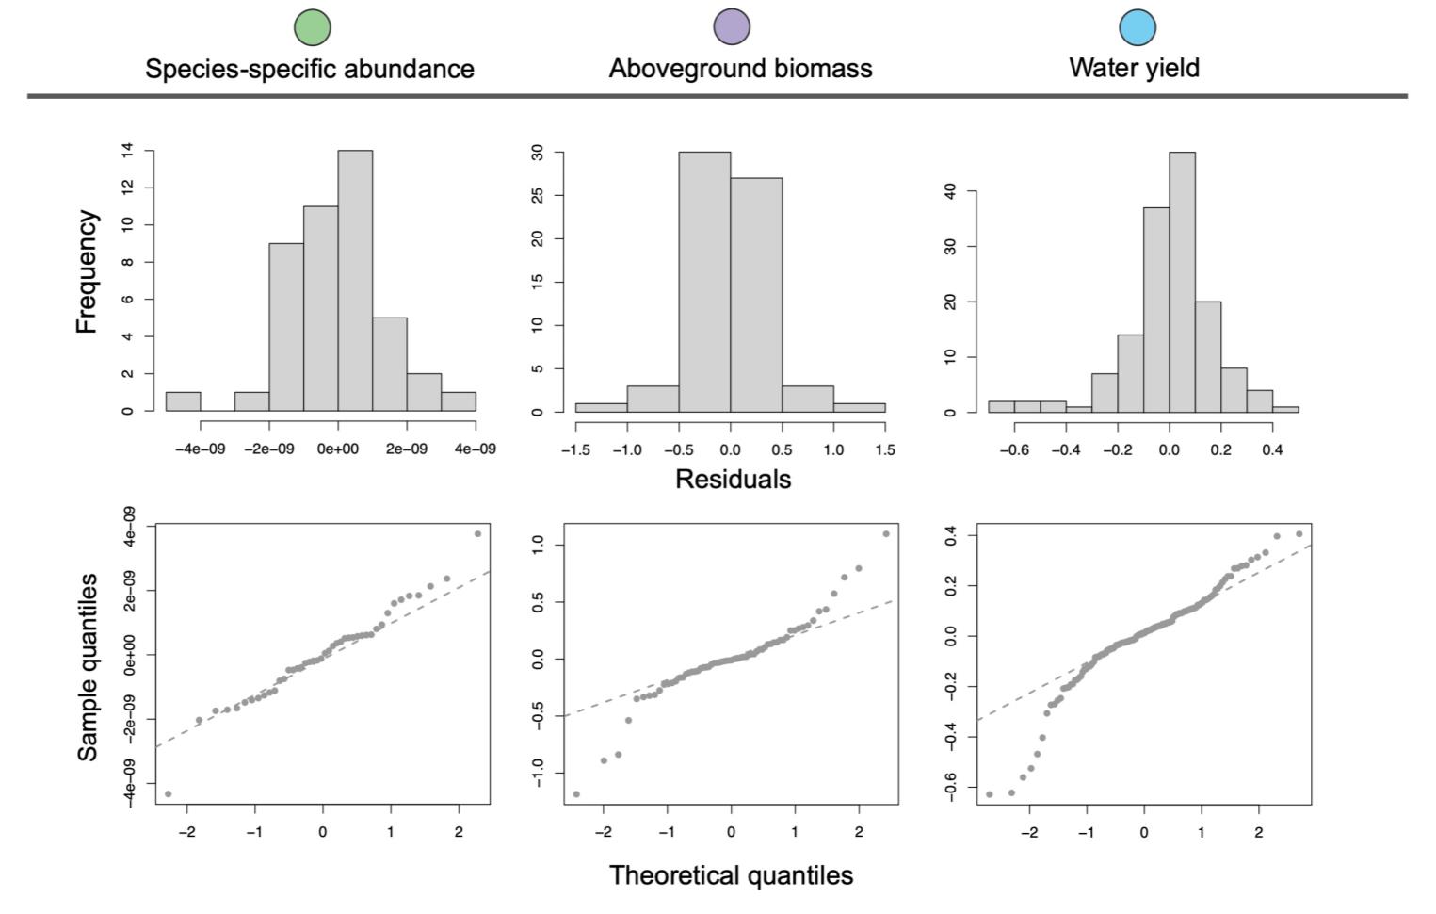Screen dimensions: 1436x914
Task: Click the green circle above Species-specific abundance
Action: pos(313,27)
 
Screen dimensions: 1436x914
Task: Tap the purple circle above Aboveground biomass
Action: pos(732,27)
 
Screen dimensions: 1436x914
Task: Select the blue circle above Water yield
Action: pos(1138,27)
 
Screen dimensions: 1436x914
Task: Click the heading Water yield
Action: pos(1134,68)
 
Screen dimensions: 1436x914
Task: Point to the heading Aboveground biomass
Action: pos(740,69)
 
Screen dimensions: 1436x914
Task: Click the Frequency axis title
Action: pos(87,271)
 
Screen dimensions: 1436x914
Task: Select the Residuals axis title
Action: pos(733,479)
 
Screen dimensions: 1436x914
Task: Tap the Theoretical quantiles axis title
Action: pos(731,875)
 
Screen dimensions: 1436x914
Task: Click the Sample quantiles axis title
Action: pos(88,667)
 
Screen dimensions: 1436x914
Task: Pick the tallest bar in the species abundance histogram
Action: pos(355,280)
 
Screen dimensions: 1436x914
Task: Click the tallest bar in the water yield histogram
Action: pos(1182,283)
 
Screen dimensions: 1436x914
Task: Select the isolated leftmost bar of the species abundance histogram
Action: pos(184,401)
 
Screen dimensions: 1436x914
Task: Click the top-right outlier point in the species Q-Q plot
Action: pos(477,533)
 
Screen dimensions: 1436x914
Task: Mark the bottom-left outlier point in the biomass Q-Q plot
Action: pos(575,794)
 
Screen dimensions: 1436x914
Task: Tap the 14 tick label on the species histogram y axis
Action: pos(127,151)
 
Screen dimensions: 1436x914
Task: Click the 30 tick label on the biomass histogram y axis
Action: pos(538,153)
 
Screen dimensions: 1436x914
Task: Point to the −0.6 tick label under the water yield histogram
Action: pos(1014,449)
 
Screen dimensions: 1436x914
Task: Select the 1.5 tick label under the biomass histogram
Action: pos(885,449)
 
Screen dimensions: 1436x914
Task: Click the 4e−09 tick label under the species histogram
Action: pos(475,449)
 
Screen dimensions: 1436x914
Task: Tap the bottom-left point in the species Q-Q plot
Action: pos(168,793)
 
